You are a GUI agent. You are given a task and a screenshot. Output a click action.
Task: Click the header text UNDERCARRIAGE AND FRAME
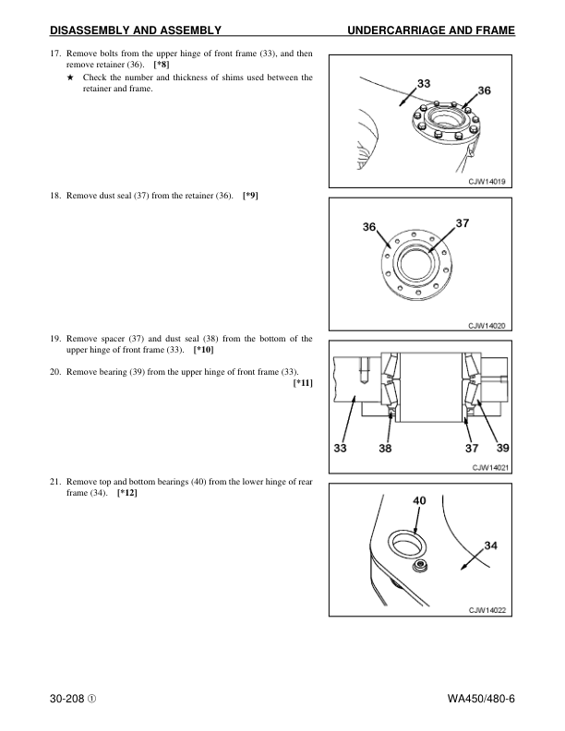pyautogui.click(x=430, y=32)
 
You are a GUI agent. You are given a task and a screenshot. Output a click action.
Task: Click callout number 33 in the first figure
pyautogui.click(x=424, y=83)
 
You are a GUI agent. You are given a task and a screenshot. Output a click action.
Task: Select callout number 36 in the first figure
pyautogui.click(x=483, y=90)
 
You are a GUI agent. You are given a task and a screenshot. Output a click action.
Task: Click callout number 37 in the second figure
pyautogui.click(x=463, y=222)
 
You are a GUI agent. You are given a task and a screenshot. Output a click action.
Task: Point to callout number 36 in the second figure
pyautogui.click(x=369, y=227)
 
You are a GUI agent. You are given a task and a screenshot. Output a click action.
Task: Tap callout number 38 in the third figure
pyautogui.click(x=387, y=449)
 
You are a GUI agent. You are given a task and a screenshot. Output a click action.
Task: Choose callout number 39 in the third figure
pyautogui.click(x=503, y=449)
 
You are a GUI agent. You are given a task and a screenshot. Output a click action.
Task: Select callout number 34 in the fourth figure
pyautogui.click(x=491, y=545)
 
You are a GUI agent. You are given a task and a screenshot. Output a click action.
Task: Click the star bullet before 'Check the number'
pyautogui.click(x=70, y=78)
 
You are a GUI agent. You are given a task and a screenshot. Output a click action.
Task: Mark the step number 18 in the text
pyautogui.click(x=54, y=197)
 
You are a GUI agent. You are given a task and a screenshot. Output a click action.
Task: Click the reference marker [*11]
pyautogui.click(x=302, y=382)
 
